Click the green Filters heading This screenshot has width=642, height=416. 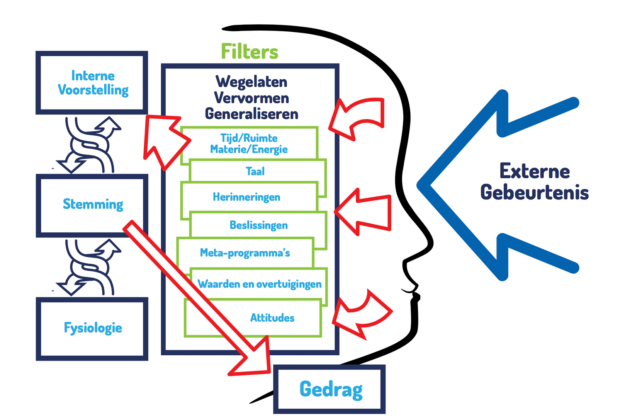tap(249, 52)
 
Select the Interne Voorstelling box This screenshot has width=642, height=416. tap(92, 83)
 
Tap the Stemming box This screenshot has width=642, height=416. tap(92, 205)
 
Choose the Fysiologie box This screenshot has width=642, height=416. tap(92, 328)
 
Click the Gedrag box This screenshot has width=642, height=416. tap(330, 389)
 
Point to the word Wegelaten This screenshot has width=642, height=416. tap(251, 82)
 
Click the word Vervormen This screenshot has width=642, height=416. tap(251, 98)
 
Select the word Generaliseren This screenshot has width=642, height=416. tap(251, 114)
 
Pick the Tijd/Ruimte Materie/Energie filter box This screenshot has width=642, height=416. tap(249, 143)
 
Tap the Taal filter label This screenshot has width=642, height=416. tap(255, 171)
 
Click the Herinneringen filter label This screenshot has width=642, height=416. tap(246, 197)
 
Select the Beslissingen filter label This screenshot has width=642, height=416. tap(258, 225)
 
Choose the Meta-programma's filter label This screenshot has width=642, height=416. tap(245, 253)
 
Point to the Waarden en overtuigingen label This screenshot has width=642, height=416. tap(259, 284)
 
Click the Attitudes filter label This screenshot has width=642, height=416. tap(272, 318)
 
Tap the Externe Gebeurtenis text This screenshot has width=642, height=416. tap(534, 182)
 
